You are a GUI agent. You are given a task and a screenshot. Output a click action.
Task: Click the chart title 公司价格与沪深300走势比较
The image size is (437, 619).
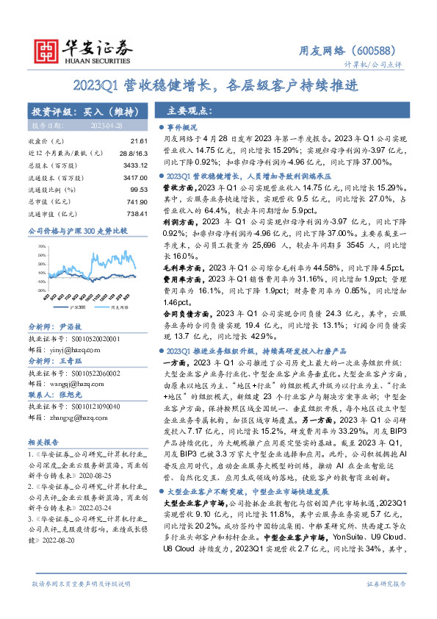(x=76, y=231)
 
